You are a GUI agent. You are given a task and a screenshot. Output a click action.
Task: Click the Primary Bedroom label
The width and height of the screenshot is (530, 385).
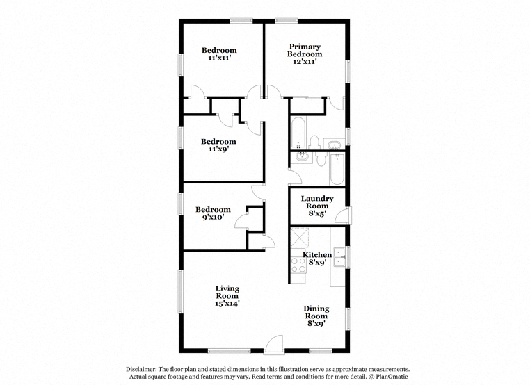tap(305, 50)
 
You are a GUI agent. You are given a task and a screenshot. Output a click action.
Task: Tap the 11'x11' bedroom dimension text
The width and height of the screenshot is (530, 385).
tap(219, 58)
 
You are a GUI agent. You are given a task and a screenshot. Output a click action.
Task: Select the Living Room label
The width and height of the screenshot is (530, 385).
tap(227, 292)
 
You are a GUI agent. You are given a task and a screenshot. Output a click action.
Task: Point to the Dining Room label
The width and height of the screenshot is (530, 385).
tap(316, 312)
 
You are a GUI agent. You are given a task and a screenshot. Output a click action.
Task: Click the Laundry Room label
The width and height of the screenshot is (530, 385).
tap(317, 202)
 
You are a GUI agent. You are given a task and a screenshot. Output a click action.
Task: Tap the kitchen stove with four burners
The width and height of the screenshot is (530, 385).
tap(298, 265)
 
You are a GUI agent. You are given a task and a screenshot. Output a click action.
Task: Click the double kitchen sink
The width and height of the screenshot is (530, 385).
tap(339, 257)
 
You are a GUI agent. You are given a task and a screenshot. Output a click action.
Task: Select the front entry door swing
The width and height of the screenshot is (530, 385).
tap(274, 344)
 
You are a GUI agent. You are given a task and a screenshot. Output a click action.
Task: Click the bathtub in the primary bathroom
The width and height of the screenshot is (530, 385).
tap(298, 133)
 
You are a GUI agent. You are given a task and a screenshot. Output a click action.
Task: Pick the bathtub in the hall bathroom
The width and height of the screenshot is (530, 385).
tap(337, 169)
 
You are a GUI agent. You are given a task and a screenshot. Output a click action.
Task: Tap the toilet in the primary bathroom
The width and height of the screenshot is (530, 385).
tap(314, 142)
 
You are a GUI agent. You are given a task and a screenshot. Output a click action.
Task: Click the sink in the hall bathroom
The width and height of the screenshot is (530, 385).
tap(300, 157)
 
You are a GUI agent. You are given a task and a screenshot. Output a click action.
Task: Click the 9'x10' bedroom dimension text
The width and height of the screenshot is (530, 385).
tap(213, 217)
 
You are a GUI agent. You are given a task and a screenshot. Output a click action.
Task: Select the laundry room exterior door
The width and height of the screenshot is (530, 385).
tap(343, 216)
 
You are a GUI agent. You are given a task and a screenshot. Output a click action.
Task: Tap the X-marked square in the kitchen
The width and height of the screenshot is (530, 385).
tap(300, 238)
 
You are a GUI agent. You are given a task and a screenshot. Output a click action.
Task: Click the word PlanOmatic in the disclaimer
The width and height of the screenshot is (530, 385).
tap(392, 377)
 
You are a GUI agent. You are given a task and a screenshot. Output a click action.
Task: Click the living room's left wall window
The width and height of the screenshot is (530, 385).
tap(181, 291)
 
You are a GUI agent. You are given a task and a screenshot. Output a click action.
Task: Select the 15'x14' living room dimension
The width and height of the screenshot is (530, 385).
tap(227, 303)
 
